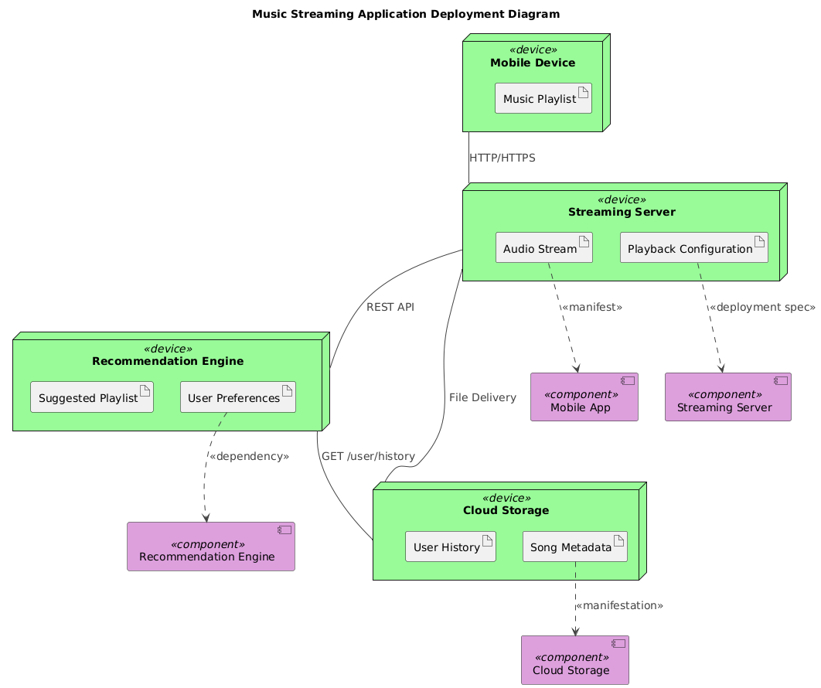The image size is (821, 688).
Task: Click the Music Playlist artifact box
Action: [x=543, y=99]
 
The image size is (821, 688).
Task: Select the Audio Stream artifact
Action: [x=543, y=249]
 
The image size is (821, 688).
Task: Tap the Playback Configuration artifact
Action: [x=693, y=249]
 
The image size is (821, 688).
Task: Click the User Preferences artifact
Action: [x=238, y=397]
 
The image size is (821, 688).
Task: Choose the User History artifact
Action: [x=450, y=547]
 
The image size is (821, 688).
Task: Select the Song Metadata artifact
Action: [x=574, y=547]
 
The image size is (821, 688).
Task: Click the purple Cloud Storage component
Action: [x=574, y=661]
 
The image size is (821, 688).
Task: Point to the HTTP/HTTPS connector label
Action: [x=502, y=158]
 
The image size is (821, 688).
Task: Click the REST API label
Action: [x=390, y=307]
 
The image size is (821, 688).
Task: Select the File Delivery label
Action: [x=482, y=397]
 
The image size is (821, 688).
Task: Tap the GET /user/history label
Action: [x=367, y=456]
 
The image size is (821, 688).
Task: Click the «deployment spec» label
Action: [x=761, y=307]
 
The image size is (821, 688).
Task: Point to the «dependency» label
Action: [x=248, y=456]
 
